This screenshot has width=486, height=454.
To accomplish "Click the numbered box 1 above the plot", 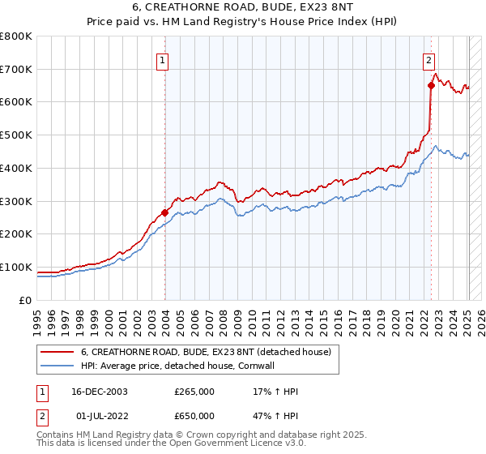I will click(x=163, y=59).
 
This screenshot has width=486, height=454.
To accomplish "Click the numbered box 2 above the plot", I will click(x=428, y=59).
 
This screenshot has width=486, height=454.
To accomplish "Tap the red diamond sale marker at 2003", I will click(x=165, y=212).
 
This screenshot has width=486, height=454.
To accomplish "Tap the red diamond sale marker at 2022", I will click(x=431, y=85).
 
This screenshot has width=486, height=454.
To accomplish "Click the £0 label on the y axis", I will click(x=25, y=300).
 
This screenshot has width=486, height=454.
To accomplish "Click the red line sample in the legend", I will click(x=57, y=353).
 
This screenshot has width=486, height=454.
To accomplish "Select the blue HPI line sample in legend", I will click(x=57, y=366).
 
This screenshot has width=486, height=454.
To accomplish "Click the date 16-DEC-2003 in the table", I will click(x=100, y=392).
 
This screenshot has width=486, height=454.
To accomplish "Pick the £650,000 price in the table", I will click(x=194, y=416).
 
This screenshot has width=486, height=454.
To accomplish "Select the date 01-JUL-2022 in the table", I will click(x=99, y=416).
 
